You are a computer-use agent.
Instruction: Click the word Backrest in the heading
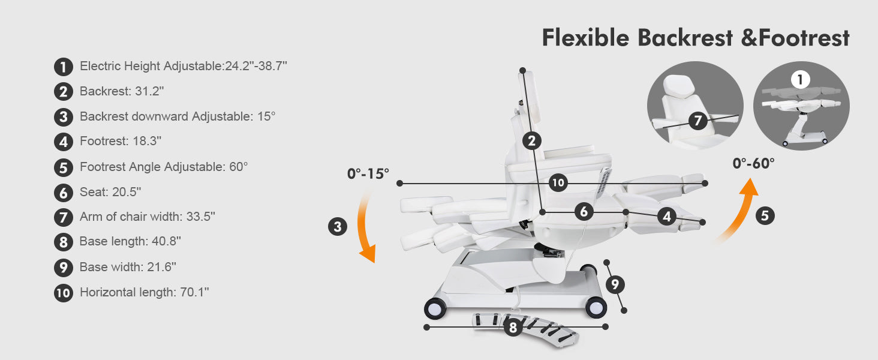point(685,38)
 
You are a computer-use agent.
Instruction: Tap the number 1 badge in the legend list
point(64,67)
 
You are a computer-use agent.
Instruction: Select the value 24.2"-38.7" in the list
point(256,66)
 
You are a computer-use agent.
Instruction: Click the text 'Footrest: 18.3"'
point(121,141)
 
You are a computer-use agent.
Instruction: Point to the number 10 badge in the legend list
point(64,293)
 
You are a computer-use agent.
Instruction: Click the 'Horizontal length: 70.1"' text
point(145,292)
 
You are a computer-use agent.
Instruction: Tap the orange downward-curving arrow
point(365,227)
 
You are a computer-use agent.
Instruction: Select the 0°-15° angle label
point(368,174)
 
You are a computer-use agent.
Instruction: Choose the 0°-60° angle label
point(753,163)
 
